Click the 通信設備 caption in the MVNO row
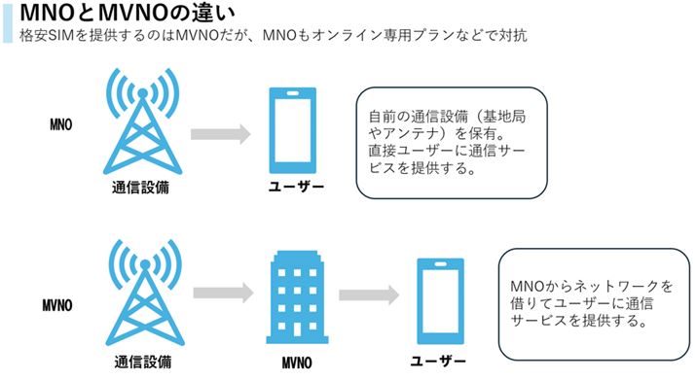point(141,362)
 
